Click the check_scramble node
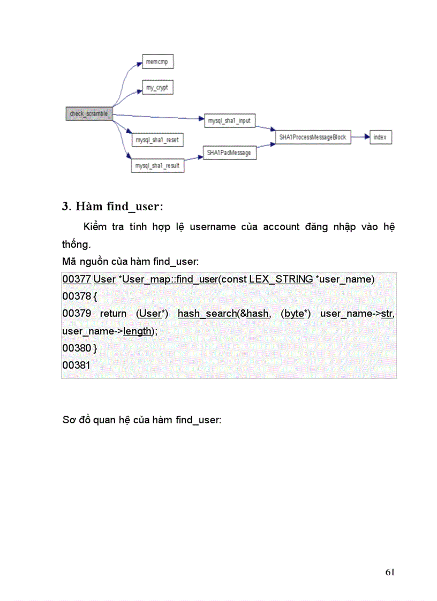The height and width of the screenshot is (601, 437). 89,114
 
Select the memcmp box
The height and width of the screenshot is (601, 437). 157,62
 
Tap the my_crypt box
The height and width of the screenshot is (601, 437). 157,87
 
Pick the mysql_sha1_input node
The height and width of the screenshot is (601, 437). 229,121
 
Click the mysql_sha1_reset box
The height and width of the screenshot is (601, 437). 157,140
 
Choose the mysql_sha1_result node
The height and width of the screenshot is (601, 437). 157,165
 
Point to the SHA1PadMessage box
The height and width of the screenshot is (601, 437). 229,153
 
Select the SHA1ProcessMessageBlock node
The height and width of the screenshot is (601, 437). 312,137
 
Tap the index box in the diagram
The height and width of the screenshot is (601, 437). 380,137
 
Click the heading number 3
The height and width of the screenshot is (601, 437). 66,207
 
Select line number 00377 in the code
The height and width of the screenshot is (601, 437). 76,279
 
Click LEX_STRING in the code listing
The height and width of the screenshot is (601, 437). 281,279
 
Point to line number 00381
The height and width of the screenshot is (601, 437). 76,365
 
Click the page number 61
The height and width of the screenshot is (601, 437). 390,572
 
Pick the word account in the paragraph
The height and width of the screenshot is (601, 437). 281,226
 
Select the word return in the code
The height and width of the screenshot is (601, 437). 113,313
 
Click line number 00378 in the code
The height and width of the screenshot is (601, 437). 76,296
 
